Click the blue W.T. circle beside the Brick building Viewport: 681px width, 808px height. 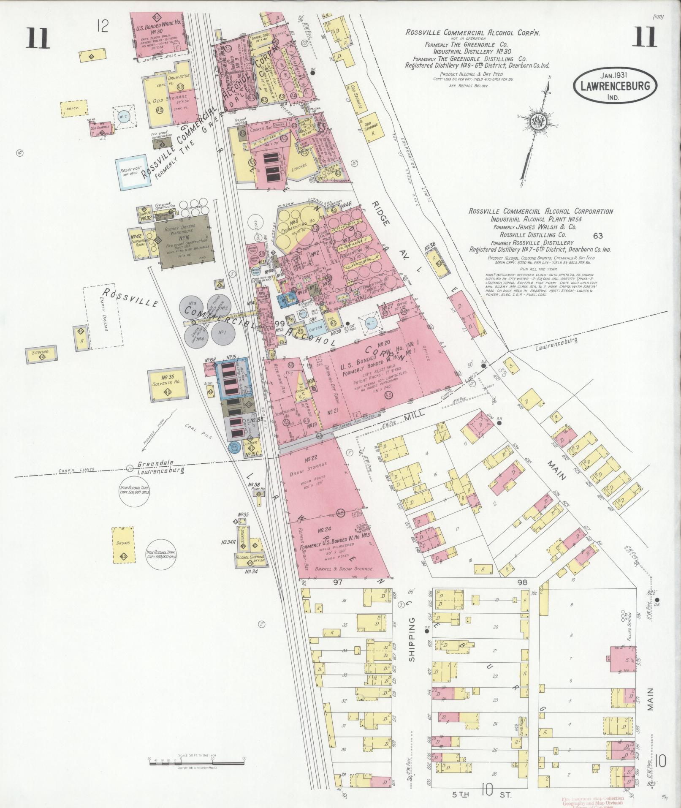pyautogui.click(x=125, y=116)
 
